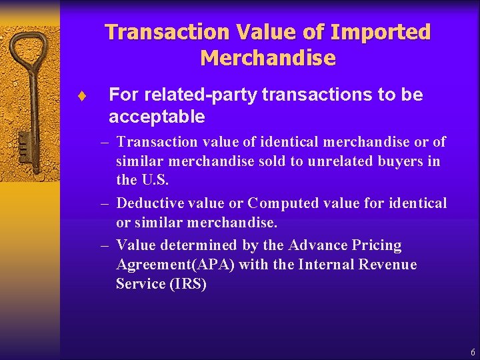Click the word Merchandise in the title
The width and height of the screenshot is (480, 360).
coord(267,58)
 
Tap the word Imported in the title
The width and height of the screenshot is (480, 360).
coord(380,32)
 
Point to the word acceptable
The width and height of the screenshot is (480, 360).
coord(157,117)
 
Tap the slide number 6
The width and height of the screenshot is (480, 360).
coord(473,351)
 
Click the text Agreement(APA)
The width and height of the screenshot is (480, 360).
coord(175,265)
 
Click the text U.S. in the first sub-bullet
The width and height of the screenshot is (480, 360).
coord(155,180)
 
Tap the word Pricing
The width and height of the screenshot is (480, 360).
coord(378,245)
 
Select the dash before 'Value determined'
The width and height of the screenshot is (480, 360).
coord(105,245)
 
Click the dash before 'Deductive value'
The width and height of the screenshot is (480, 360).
coord(105,203)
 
